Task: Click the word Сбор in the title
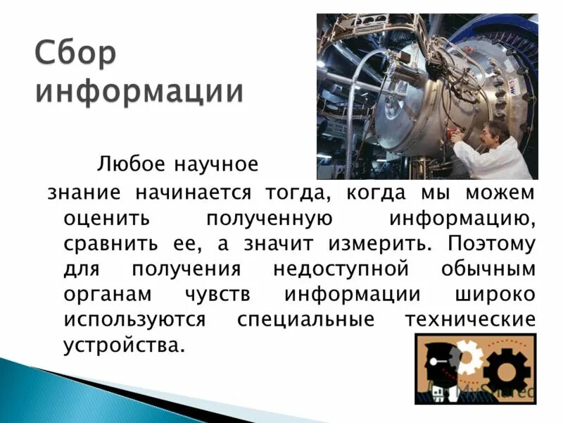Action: tap(75, 55)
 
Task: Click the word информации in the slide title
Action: tap(140, 92)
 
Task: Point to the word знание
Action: tap(84, 192)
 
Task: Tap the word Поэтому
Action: tap(491, 243)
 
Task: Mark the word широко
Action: tap(500, 295)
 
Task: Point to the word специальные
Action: tap(305, 320)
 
